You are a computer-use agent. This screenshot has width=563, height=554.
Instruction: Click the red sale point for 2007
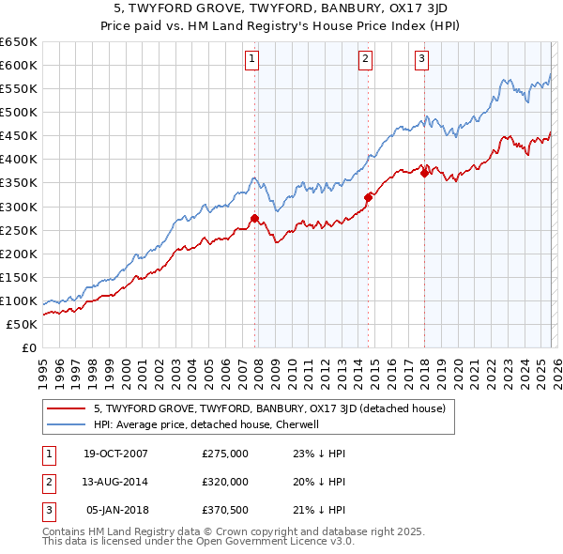pyautogui.click(x=254, y=219)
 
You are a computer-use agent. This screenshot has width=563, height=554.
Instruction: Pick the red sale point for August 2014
pyautogui.click(x=368, y=197)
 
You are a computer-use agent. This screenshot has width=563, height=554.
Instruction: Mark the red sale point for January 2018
pyautogui.click(x=424, y=173)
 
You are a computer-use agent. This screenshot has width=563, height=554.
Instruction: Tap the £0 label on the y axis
pyautogui.click(x=28, y=348)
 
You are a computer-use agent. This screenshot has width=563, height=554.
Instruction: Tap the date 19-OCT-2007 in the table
pyautogui.click(x=115, y=454)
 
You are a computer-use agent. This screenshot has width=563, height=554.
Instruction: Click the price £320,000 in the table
pyautogui.click(x=224, y=482)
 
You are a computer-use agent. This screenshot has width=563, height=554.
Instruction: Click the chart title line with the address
pyautogui.click(x=281, y=8)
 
